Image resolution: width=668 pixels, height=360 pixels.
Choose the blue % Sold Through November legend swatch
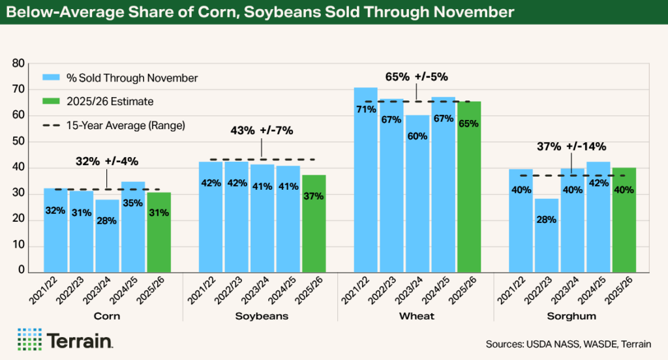(x=51, y=78)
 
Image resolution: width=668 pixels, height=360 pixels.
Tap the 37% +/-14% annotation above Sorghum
(x=571, y=146)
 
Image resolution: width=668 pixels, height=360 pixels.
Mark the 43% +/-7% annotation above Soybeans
(x=262, y=130)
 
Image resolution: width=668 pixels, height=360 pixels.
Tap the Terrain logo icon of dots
(x=29, y=340)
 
